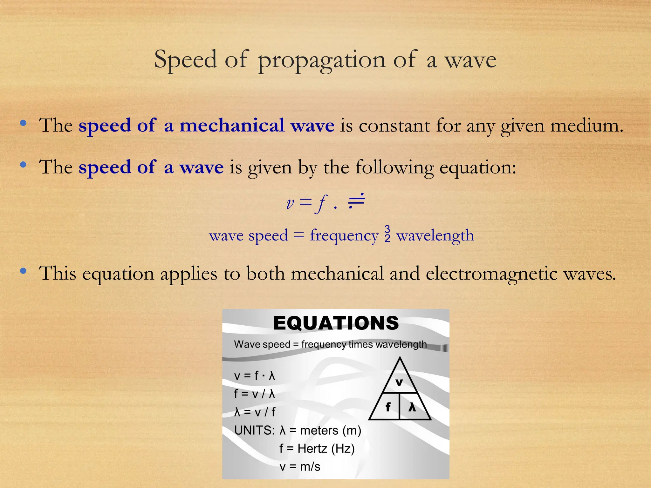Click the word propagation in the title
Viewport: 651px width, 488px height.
coord(321,60)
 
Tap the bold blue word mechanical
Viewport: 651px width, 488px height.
coord(232,125)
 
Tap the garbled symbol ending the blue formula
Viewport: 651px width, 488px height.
coord(356,201)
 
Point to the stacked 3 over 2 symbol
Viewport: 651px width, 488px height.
coord(387,234)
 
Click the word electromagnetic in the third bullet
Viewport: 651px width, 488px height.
coord(491,274)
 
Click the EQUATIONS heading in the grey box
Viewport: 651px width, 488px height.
coord(336,323)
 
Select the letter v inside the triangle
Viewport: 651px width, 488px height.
coord(399,382)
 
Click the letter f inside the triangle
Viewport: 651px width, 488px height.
coord(388,407)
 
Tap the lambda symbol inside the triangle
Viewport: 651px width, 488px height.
coord(412,407)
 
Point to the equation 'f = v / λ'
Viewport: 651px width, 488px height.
coord(254,394)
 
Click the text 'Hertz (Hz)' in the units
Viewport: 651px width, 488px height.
coord(326,449)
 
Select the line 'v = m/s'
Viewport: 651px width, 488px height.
coord(300,467)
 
